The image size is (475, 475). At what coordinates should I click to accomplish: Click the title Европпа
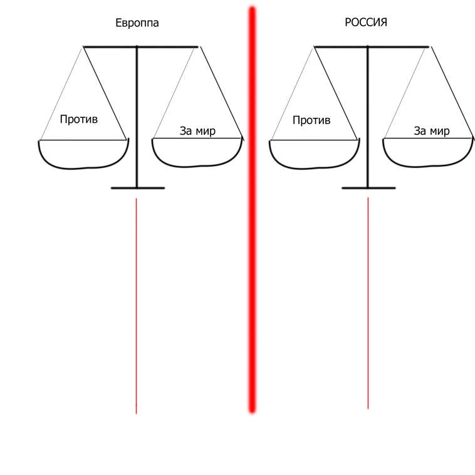click(x=137, y=23)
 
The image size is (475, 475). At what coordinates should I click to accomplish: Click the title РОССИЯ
click(x=366, y=23)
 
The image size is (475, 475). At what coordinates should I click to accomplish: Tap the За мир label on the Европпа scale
click(x=197, y=131)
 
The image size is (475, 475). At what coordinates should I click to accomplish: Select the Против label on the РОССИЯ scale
click(x=311, y=120)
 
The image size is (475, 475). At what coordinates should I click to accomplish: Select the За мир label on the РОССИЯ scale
click(x=432, y=131)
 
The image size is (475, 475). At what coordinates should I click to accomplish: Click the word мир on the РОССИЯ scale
click(x=440, y=131)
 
